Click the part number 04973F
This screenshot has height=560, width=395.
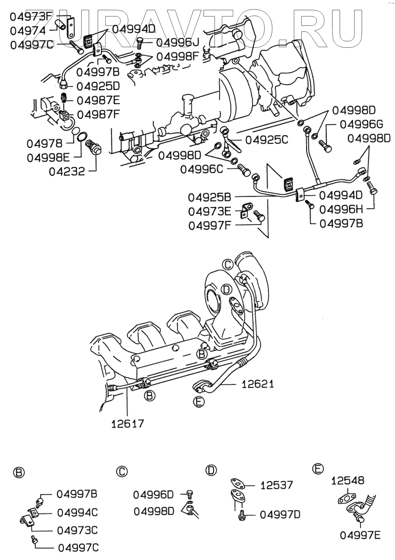point(31,16)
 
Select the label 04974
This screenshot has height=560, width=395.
point(28,31)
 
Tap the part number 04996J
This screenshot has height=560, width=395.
point(177,42)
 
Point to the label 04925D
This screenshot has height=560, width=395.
point(98,86)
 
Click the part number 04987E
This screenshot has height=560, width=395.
point(98,100)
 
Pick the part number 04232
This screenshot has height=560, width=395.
point(67,171)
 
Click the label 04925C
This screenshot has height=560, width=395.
point(267,140)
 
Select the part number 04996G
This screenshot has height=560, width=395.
point(361,124)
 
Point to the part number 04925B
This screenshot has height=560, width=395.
point(209,197)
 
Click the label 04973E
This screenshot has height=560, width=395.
point(210,211)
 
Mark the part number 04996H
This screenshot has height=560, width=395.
point(341,209)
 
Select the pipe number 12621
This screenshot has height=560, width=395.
point(258,384)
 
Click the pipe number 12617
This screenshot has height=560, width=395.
point(127,424)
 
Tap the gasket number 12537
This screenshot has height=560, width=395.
point(277,485)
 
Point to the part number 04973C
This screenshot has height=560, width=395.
point(77,530)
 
